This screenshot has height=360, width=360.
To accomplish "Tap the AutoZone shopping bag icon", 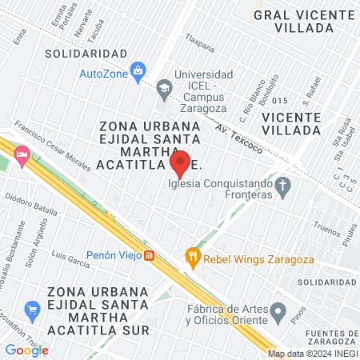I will coord(138,71).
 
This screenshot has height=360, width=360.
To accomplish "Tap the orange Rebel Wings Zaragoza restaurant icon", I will coord(192,257).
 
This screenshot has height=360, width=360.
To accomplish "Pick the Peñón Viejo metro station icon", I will coord(149,256).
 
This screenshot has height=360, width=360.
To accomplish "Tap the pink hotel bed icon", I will coord(22,154).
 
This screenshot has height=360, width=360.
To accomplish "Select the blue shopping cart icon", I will coord(32,309).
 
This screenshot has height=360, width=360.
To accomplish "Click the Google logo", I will coord(26,350).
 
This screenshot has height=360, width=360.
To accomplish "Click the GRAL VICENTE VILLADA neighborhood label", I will coord(293,21).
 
